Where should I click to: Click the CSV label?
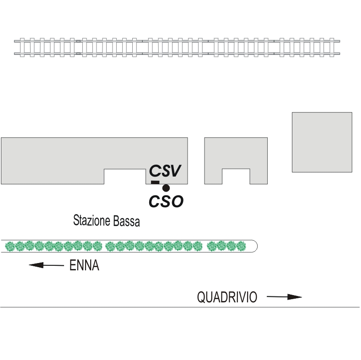[x=166, y=171]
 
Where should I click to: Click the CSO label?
[x=166, y=201]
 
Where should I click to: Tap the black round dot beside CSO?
[x=166, y=188]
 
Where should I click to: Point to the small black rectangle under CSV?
[x=155, y=183]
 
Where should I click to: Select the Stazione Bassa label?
[x=106, y=221]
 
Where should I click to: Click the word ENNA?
[x=84, y=265]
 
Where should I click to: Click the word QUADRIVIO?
[x=227, y=297]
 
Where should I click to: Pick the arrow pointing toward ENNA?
[x=46, y=265]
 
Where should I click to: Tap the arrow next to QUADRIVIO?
[x=284, y=297]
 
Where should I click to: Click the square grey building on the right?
[x=322, y=142]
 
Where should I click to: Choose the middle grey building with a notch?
[x=236, y=153]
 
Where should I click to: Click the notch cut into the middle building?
[x=236, y=177]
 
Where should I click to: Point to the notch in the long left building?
[x=124, y=177]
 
